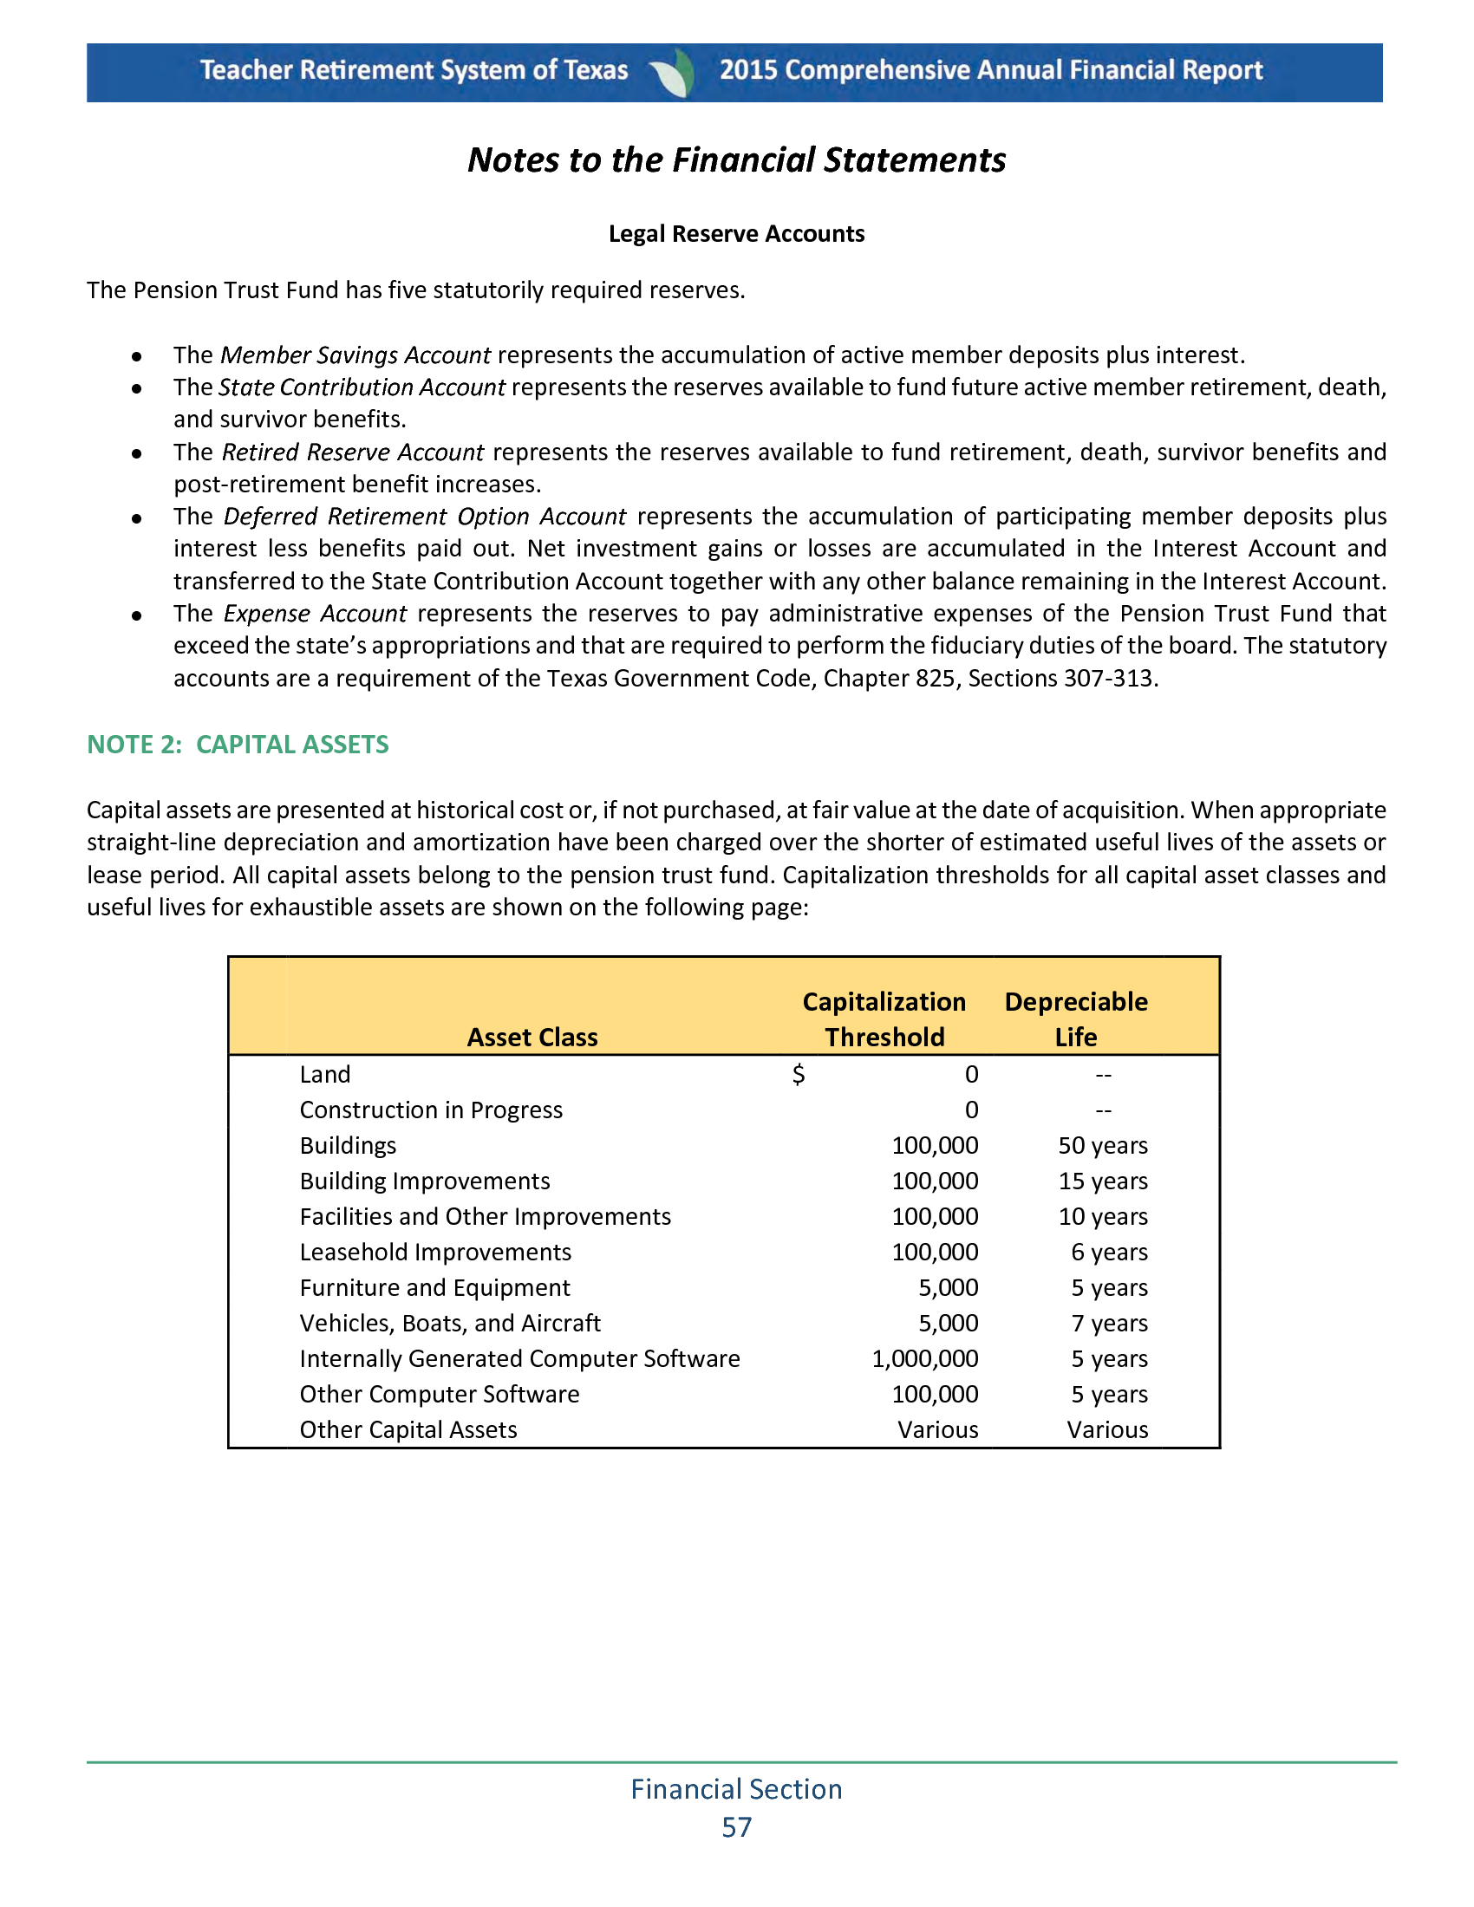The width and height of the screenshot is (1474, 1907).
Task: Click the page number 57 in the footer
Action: [736, 1827]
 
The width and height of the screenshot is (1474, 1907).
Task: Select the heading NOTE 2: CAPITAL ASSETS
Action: [238, 744]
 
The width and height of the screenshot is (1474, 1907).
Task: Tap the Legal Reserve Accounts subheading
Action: [736, 234]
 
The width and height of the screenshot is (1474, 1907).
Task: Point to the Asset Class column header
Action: [532, 1038]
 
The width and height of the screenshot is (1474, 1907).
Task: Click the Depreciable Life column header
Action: [1076, 1019]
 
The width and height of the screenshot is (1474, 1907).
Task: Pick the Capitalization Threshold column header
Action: [884, 1019]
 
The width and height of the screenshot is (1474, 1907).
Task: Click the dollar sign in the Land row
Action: [798, 1075]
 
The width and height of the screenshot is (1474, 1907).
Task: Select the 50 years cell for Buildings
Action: [1103, 1146]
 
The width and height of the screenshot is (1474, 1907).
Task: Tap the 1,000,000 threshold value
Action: [925, 1358]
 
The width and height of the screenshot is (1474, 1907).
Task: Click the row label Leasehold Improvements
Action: [435, 1253]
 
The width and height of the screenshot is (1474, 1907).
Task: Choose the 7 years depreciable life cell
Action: [1109, 1324]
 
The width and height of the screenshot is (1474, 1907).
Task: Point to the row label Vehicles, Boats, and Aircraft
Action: [450, 1324]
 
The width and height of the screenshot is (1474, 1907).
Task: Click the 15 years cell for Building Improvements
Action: [1103, 1181]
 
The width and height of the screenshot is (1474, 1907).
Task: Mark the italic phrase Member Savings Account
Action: [355, 355]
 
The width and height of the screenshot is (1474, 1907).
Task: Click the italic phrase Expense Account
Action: [316, 614]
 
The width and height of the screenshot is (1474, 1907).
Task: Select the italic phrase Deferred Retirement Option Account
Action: [424, 517]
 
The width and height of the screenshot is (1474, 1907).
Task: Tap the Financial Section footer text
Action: [736, 1789]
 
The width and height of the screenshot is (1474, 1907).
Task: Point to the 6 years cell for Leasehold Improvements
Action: [1109, 1253]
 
